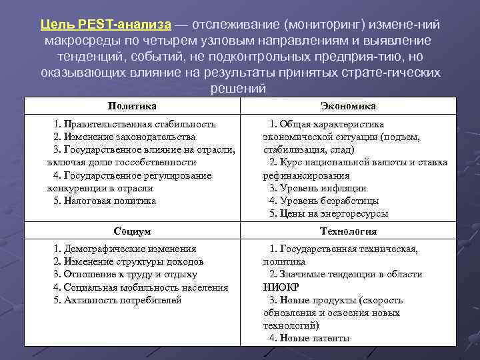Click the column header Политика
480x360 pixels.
point(132,106)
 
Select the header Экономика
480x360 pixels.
point(348,106)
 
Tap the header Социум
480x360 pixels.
point(132,231)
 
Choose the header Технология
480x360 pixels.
point(348,231)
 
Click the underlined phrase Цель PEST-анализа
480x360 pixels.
point(105,25)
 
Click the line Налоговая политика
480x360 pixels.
point(105,201)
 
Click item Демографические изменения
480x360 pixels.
point(125,249)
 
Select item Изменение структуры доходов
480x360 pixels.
point(128,262)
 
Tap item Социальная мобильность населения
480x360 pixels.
point(141,287)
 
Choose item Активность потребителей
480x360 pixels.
point(117,300)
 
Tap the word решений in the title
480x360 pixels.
point(238,89)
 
